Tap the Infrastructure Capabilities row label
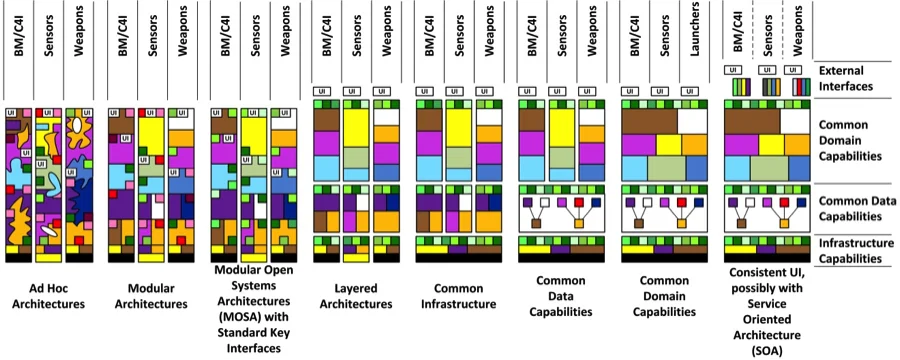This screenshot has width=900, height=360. click(x=853, y=249)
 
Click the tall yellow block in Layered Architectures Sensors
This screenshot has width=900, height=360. click(x=357, y=126)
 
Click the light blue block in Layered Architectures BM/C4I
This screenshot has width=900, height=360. click(x=326, y=167)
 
